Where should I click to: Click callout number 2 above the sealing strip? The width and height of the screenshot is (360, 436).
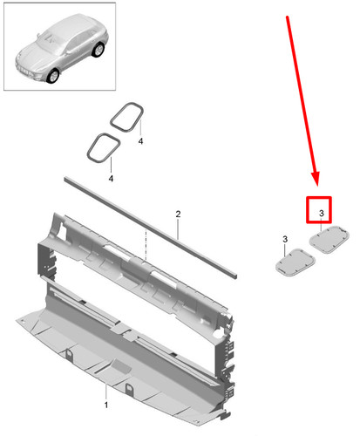[x=178, y=214]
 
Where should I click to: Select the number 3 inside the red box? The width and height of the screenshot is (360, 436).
[x=320, y=213]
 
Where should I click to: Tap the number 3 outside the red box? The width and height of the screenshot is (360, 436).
[x=284, y=239]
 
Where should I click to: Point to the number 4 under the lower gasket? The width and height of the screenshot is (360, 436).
[x=111, y=178]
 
